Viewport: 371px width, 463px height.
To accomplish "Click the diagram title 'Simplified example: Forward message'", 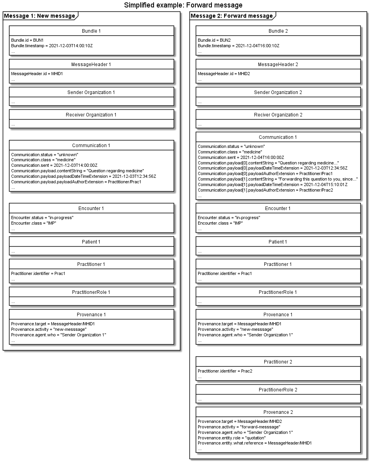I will (x=183, y=5).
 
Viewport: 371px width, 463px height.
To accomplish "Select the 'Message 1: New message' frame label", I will (x=39, y=16).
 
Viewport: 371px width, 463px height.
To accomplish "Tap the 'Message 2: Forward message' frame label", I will (x=232, y=16).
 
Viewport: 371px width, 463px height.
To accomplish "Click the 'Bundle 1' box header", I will (x=91, y=31).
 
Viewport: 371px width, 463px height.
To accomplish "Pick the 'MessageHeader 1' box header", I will (x=91, y=65).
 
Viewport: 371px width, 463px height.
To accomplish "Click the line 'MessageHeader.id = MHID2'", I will (x=223, y=74).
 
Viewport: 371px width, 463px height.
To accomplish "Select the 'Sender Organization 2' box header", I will (x=278, y=92).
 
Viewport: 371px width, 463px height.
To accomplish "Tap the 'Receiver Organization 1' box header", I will (x=91, y=115).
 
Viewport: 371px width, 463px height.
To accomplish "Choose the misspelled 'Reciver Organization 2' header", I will (x=278, y=115).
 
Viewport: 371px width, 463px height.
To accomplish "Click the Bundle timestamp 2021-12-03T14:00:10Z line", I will (x=52, y=46).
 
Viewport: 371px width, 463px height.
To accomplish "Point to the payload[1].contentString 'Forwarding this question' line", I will (x=278, y=179).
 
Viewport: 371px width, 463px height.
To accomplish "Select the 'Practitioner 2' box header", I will (x=278, y=362).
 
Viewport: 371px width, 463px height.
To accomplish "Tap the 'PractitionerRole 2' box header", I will (x=278, y=390).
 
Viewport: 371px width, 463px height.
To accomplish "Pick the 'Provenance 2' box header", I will (x=278, y=412).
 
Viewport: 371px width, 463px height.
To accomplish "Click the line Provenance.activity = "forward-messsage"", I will (x=239, y=427).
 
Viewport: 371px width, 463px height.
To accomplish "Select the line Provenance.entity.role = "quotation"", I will (x=232, y=438).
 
